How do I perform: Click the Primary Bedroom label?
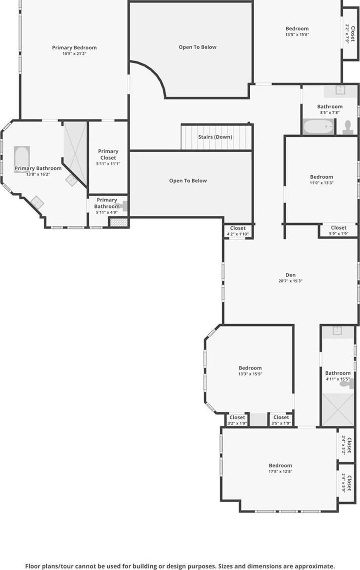[74, 48]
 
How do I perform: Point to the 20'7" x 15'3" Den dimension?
[290, 281]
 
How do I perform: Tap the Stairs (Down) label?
[215, 137]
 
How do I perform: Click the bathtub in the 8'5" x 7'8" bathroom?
[318, 127]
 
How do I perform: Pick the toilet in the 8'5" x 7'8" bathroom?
[348, 127]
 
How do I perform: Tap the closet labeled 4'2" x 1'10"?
[238, 231]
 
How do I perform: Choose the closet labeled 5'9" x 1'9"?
[339, 230]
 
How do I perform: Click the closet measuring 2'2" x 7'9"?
[350, 33]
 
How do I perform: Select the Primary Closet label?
[108, 154]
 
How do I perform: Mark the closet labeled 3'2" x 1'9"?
[237, 420]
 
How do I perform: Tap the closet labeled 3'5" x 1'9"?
[281, 420]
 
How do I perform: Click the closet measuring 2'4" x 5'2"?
[346, 445]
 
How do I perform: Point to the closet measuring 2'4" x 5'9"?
[346, 482]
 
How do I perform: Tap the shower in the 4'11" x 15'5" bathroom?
[338, 409]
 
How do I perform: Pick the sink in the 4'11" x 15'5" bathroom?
[338, 331]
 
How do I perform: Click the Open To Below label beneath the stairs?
[188, 181]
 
